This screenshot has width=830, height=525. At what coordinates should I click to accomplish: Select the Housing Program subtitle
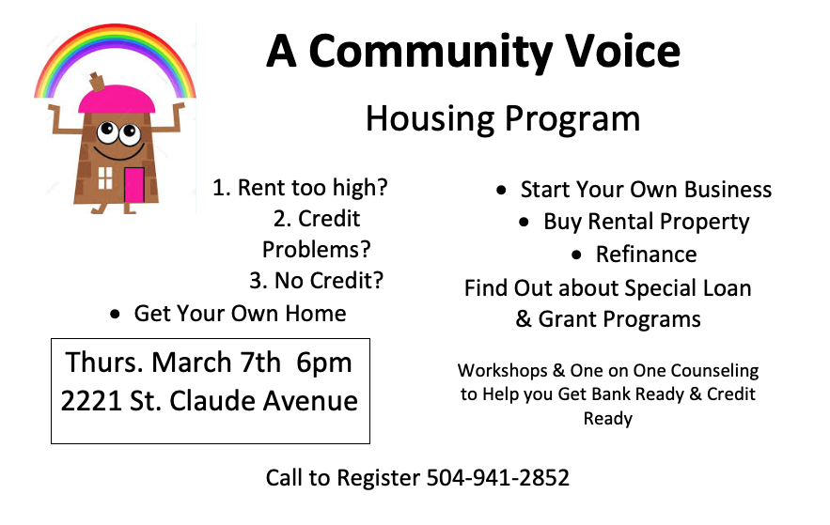click(503, 119)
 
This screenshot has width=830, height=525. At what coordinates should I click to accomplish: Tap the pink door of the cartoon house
click(134, 184)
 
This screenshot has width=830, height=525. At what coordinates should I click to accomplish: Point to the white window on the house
click(105, 178)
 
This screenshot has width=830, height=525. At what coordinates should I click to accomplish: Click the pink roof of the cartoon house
click(117, 100)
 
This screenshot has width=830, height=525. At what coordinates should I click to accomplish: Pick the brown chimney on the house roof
click(97, 82)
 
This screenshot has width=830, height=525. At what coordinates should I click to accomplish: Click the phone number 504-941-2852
click(497, 478)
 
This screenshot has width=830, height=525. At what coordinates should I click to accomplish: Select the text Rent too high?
click(312, 188)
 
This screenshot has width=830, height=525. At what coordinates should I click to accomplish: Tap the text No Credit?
click(329, 281)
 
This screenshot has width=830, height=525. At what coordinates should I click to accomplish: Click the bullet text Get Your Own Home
click(241, 314)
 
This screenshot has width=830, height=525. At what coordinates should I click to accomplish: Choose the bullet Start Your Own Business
click(646, 190)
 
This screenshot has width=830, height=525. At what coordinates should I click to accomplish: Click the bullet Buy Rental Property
click(647, 222)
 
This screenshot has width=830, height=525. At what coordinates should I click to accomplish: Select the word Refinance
click(647, 255)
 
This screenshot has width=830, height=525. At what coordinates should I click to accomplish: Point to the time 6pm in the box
click(324, 363)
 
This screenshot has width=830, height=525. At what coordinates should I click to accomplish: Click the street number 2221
click(91, 401)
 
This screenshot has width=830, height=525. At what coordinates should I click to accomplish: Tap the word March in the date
click(192, 363)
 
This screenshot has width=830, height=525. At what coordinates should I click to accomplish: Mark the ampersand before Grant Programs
click(524, 318)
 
